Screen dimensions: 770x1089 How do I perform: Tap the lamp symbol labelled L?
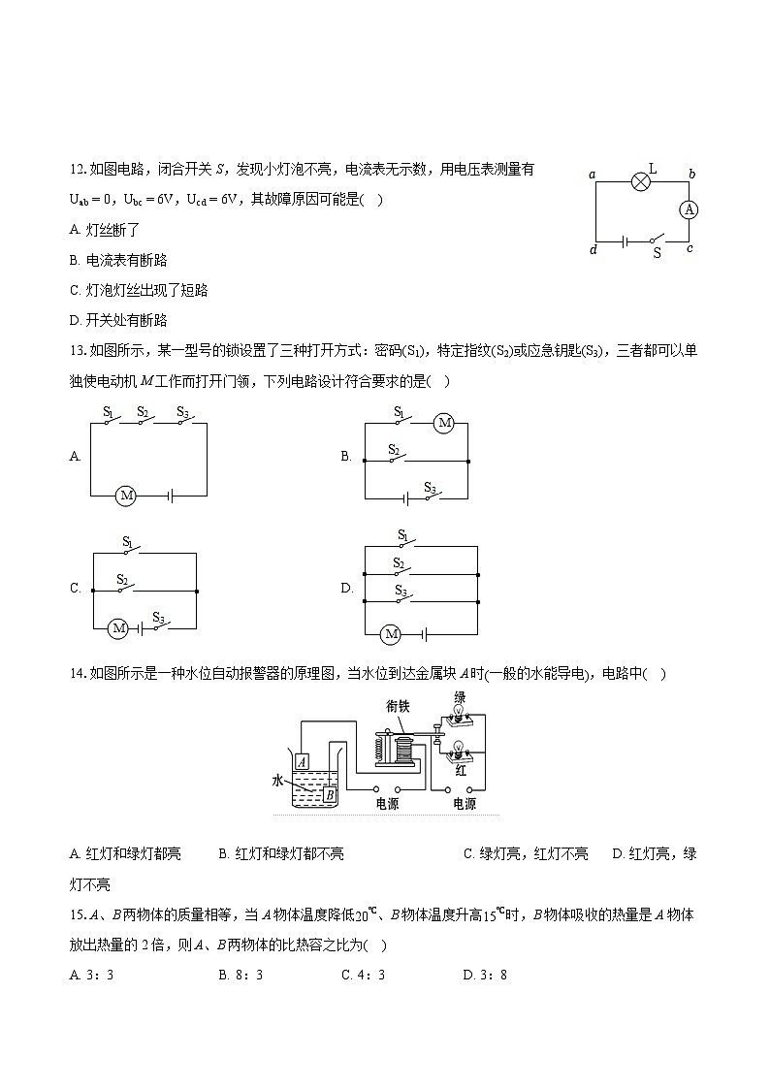click(640, 181)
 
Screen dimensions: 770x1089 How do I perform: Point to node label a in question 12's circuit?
click(591, 175)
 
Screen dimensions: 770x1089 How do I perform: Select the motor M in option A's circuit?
click(126, 496)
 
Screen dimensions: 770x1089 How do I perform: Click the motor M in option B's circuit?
click(444, 423)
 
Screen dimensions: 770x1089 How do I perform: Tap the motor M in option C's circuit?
click(118, 628)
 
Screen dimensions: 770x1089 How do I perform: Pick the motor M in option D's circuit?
click(391, 634)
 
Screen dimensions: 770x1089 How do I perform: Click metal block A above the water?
click(303, 762)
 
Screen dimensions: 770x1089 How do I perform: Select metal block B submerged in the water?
click(329, 795)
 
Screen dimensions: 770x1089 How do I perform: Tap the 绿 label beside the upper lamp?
click(461, 697)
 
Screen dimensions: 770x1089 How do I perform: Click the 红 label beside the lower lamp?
click(461, 770)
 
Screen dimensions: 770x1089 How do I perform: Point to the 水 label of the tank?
click(278, 781)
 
